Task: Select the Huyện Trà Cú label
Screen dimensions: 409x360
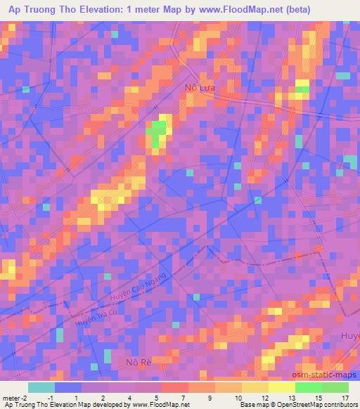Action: [x=96, y=317]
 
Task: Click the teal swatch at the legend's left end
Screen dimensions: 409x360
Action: [x=42, y=387]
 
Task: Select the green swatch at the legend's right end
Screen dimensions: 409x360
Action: [x=335, y=387]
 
